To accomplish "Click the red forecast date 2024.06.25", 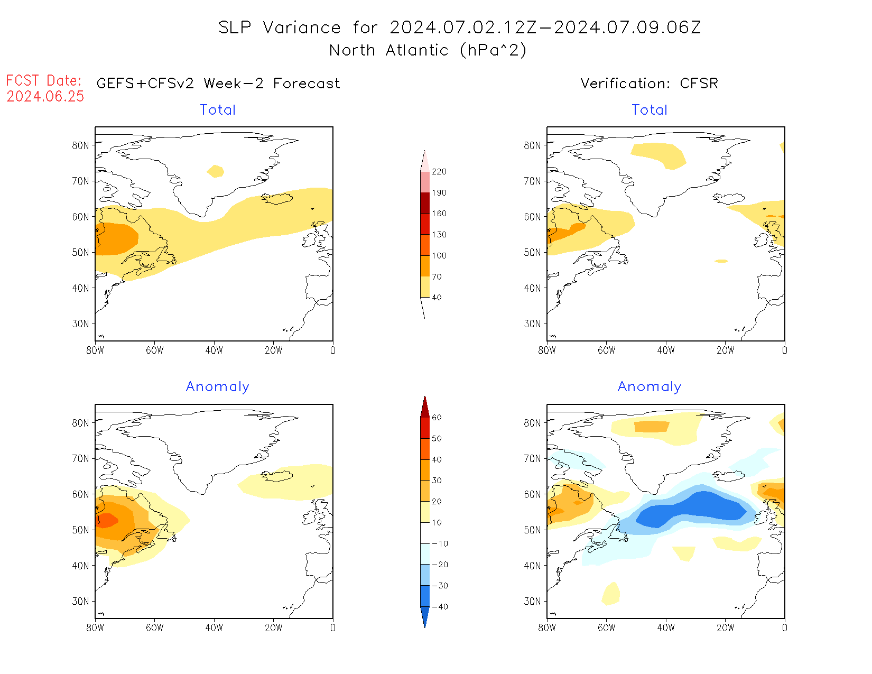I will pyautogui.click(x=45, y=97).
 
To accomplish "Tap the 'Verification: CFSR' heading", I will pyautogui.click(x=649, y=84).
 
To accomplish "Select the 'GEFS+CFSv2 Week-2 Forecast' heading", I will pyautogui.click(x=218, y=84).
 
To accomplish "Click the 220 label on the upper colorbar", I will pyautogui.click(x=439, y=172).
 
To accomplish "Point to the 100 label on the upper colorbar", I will pyautogui.click(x=439, y=256).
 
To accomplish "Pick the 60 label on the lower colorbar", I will pyautogui.click(x=437, y=418).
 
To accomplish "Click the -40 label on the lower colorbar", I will pyautogui.click(x=440, y=607).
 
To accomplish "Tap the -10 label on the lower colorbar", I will pyautogui.click(x=440, y=544).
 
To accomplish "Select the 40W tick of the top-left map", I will pyautogui.click(x=214, y=350).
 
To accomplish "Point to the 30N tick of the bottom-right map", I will pyautogui.click(x=532, y=601).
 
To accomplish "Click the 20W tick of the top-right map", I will pyautogui.click(x=725, y=350).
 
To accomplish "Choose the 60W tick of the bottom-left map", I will pyautogui.click(x=154, y=627).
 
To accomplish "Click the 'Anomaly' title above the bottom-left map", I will pyautogui.click(x=217, y=387).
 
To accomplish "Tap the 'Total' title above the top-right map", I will pyautogui.click(x=650, y=110).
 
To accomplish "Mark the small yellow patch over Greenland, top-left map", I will pyautogui.click(x=216, y=171).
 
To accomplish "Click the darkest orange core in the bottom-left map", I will pyautogui.click(x=107, y=520).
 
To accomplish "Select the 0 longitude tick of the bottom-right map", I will pyautogui.click(x=784, y=627).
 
